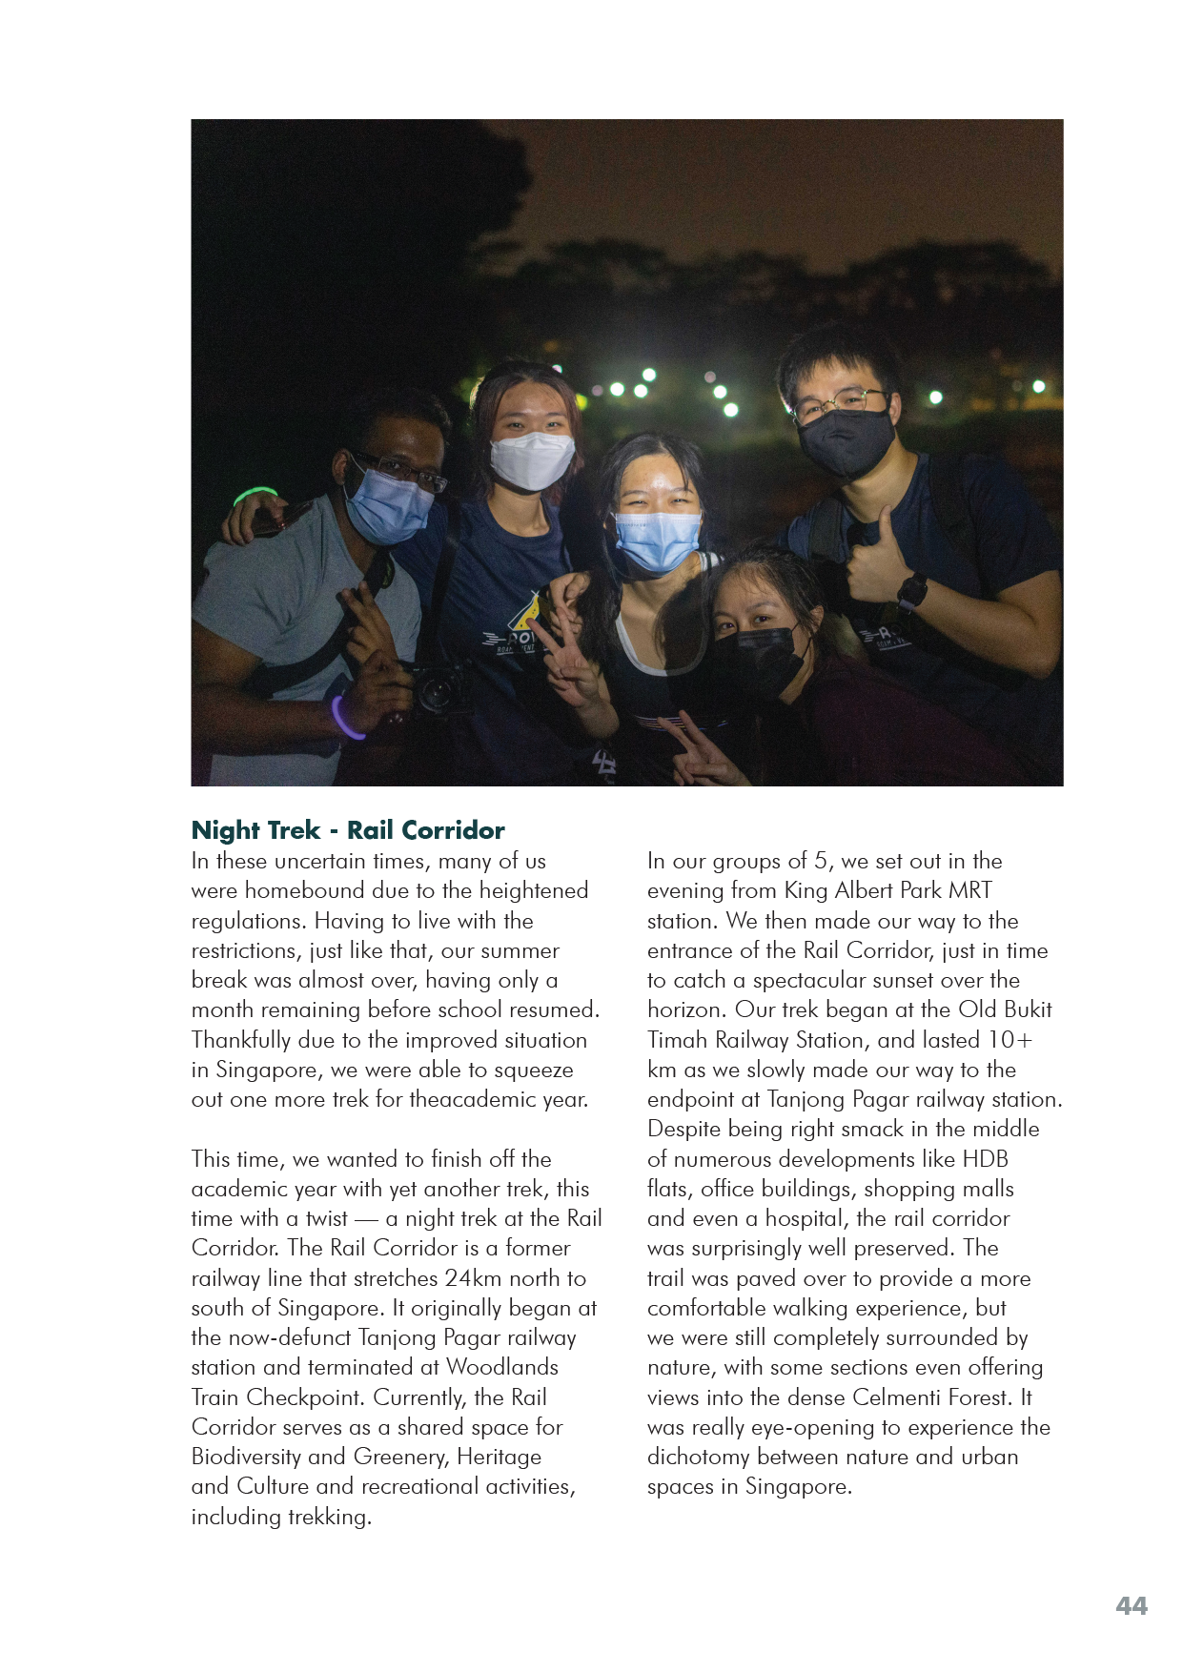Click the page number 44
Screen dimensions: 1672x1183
click(1131, 1605)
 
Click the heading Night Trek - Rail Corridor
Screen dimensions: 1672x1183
click(348, 829)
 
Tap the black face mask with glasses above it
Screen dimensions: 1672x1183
click(845, 442)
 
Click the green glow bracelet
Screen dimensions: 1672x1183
click(254, 496)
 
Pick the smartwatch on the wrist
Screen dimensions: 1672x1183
click(911, 592)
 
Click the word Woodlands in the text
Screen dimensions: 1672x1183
click(501, 1367)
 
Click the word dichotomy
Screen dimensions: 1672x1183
click(698, 1457)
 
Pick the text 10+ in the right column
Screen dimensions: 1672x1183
click(1010, 1039)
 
